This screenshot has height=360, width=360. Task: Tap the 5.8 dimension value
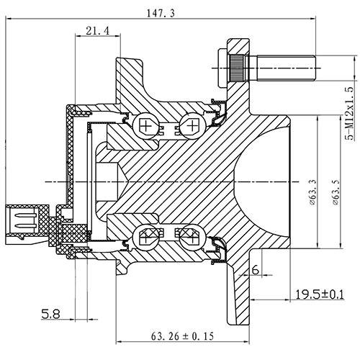(50, 314)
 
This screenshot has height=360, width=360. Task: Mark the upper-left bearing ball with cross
(148, 127)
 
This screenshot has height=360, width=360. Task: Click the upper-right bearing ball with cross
(190, 127)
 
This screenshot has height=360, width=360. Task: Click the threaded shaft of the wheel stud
(285, 71)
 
